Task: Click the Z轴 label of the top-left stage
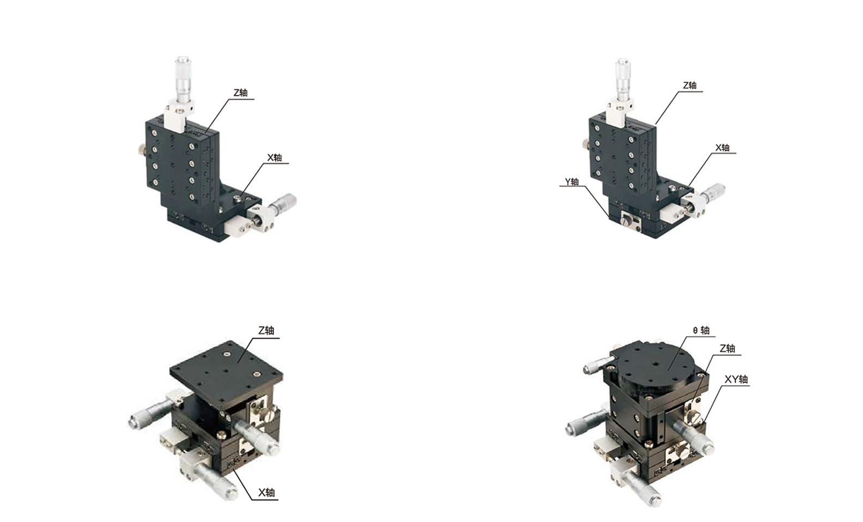240,93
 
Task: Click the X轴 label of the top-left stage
275,157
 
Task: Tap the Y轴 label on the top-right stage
572,181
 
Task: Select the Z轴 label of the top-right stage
690,85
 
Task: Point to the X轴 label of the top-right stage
722,148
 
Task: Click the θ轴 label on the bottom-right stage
701,330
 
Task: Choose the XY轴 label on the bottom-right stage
736,379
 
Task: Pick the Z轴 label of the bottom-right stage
727,348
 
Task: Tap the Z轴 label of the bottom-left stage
266,330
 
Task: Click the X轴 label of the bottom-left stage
266,493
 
